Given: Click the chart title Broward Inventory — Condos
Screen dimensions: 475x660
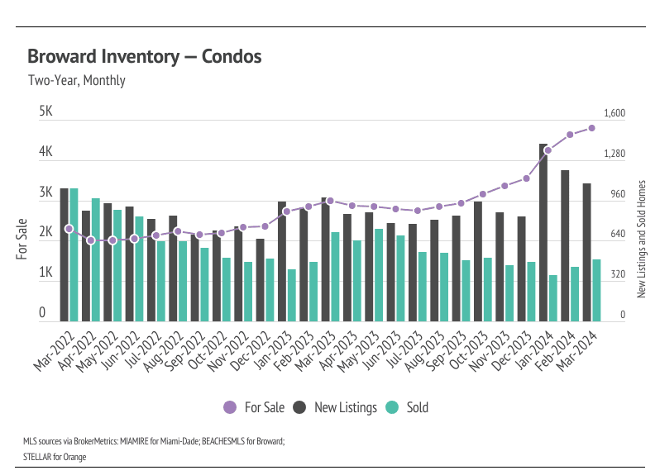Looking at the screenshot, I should pos(144,57).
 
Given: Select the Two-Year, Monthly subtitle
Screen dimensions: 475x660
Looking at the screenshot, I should pos(76,81).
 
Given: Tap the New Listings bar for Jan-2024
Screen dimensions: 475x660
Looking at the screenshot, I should pos(543,232).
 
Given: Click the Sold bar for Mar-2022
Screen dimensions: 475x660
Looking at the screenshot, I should pos(74,254).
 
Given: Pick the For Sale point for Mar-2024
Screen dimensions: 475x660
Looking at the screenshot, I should pos(592,128).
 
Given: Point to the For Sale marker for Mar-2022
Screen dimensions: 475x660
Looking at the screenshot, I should pos(69,229).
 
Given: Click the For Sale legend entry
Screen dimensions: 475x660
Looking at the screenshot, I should pos(254,407).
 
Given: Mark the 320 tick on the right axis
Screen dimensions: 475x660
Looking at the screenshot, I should pos(617,274).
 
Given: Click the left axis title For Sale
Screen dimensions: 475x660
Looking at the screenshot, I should pos(22,240).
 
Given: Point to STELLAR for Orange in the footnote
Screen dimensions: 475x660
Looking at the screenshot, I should pos(55,456).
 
